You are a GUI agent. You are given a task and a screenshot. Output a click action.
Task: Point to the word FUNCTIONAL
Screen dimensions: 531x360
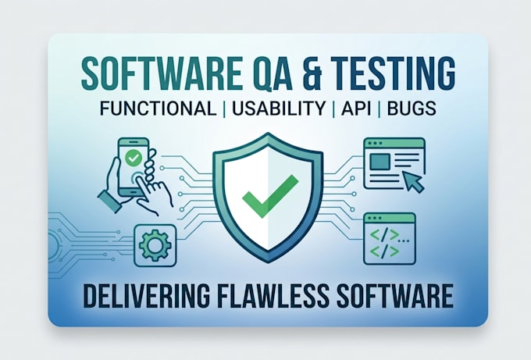(158, 109)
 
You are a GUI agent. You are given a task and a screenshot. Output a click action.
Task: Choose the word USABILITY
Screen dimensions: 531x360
(278, 109)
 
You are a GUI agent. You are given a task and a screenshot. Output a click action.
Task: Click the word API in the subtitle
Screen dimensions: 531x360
(356, 109)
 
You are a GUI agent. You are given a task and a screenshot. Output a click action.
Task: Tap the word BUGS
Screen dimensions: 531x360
(411, 109)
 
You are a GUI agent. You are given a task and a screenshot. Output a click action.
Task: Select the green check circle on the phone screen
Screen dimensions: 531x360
(133, 158)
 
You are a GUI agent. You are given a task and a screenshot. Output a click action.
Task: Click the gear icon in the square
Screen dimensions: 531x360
(155, 245)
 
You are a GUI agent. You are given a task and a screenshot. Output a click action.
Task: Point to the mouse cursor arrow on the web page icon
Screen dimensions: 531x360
(413, 181)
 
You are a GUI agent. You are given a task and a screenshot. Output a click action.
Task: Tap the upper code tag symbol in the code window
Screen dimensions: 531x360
(384, 235)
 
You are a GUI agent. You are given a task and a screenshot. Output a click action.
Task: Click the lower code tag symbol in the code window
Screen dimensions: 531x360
(384, 251)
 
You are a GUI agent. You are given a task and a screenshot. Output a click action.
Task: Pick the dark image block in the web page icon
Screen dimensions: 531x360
(380, 162)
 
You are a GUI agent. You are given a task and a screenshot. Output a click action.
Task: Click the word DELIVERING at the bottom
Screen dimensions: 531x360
(146, 296)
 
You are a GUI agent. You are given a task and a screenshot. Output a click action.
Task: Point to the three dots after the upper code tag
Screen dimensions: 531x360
(404, 241)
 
